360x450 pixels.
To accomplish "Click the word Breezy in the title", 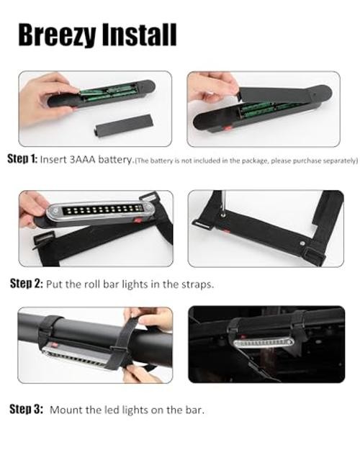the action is coord(56,35).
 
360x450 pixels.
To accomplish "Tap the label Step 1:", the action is coord(22,159).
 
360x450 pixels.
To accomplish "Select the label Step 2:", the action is coord(27,284).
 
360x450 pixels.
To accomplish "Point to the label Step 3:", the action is coord(26,409).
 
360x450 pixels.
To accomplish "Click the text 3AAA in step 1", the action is coord(82,159).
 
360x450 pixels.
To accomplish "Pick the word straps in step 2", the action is coord(197,284).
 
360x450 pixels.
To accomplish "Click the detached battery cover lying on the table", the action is coord(123,125).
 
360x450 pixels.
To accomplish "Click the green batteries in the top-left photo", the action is coord(108,92).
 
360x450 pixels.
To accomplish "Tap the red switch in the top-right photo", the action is coord(228,127).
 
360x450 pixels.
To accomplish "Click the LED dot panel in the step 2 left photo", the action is coord(102,210).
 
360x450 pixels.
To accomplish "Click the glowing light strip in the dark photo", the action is coord(264,343).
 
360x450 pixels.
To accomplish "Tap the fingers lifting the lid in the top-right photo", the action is coord(212,86).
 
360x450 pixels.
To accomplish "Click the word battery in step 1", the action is coord(115,160).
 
